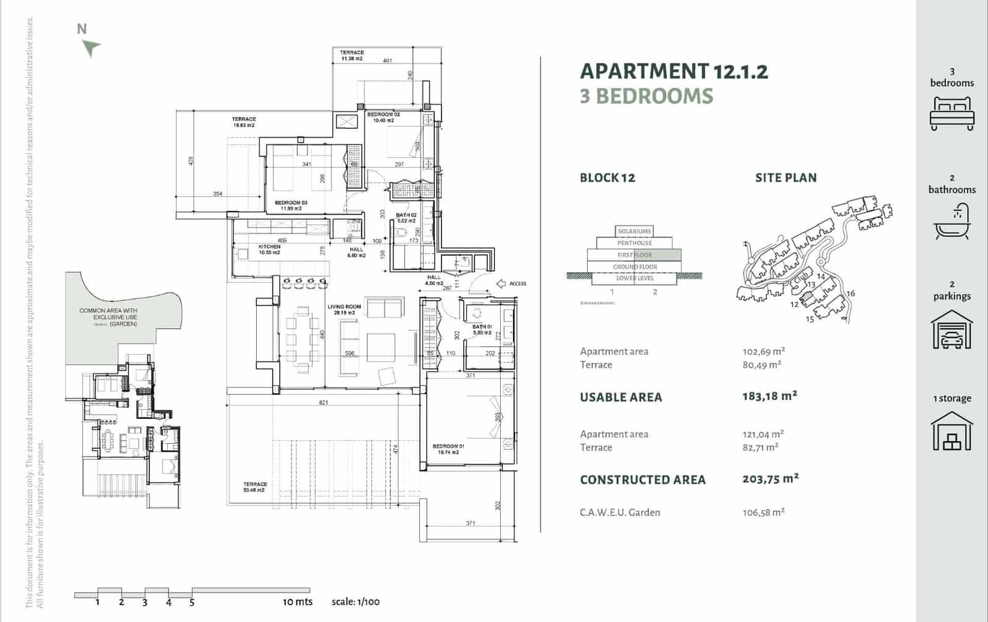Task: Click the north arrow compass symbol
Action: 91,47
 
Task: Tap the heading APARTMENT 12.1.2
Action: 674,72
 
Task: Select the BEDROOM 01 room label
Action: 448,449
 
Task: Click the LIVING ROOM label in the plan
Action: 344,310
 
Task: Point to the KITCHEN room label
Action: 269,249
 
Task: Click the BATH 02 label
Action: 406,218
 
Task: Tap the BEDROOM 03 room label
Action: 291,205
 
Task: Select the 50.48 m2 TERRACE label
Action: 255,487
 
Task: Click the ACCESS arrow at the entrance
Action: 501,284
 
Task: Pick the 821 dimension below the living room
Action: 324,402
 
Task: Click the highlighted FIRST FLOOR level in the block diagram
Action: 635,255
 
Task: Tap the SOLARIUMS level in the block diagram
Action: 635,231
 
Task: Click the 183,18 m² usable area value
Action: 769,396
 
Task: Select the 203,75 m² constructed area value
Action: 770,478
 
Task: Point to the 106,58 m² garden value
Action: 763,512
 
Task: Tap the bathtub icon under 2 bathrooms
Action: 952,223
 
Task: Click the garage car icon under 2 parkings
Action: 952,330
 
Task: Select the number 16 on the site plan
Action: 850,293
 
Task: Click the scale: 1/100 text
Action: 356,602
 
